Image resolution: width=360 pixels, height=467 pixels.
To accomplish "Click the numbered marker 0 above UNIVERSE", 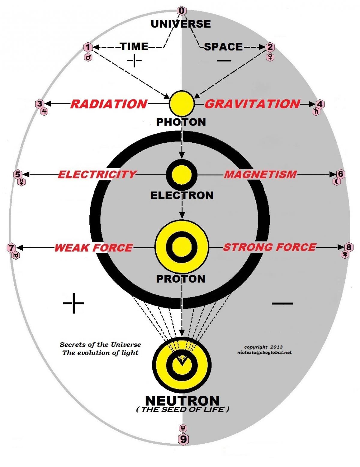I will pos(181,11).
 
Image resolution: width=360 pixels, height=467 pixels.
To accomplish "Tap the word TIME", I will pos(134,46).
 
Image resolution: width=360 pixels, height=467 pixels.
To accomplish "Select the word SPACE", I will pos(223,47).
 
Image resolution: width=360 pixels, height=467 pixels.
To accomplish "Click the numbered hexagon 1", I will pos(88,47).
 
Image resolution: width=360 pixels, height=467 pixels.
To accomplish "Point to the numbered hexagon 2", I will pos(270,47).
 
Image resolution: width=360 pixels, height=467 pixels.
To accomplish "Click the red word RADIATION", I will pos(109,104).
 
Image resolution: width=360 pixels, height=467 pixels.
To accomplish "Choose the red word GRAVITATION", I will pos(252,104).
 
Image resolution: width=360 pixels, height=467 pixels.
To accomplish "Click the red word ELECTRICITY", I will pos(97,174).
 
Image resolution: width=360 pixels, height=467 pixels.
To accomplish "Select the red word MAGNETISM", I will pos(260,174).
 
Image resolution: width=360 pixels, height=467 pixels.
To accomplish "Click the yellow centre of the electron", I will pos(181,174).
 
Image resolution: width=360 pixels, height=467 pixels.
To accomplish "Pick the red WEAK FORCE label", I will pos(93,248).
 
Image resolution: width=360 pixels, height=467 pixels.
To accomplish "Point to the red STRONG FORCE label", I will pos(269,247).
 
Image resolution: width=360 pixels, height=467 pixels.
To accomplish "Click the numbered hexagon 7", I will pos(11,248).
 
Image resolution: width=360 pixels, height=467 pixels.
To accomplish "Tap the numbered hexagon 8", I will pos(349,247).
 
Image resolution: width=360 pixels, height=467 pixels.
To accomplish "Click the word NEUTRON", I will pos(182,401).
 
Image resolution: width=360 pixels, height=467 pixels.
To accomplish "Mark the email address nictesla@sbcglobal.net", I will pos(264,352).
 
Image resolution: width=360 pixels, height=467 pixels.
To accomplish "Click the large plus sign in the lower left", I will pos(73,303).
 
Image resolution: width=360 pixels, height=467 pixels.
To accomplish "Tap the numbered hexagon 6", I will pos(340,174).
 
